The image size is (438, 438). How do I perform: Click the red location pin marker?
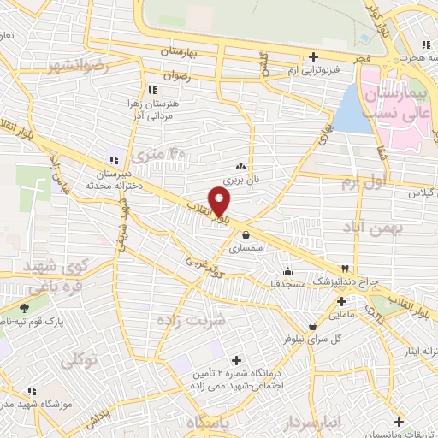(x=222, y=202)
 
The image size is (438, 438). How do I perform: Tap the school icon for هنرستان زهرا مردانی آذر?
(x=153, y=89)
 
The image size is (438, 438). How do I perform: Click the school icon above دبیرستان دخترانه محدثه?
(x=113, y=160)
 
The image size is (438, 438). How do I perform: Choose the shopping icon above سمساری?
(x=246, y=234)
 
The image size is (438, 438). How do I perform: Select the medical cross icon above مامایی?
(x=341, y=301)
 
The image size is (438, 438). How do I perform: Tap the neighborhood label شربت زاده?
(x=191, y=320)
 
